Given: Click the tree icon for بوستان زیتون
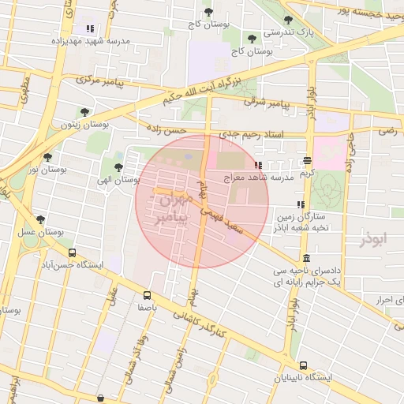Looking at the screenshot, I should [x=84, y=112].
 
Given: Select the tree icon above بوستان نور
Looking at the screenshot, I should [x=47, y=157].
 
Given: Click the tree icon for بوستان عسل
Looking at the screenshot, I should [x=40, y=219].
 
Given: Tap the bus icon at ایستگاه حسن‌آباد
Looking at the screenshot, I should [x=73, y=253].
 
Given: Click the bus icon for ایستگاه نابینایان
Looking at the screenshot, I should [x=303, y=365].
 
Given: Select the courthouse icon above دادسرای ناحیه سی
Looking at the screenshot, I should [x=306, y=259].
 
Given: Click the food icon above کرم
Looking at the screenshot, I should [x=307, y=161].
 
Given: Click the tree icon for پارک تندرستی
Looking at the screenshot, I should [x=287, y=21].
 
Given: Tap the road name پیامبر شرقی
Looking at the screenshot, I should [x=267, y=103].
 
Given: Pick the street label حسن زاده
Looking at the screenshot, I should [x=166, y=129].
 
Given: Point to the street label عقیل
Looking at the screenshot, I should [x=114, y=299].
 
